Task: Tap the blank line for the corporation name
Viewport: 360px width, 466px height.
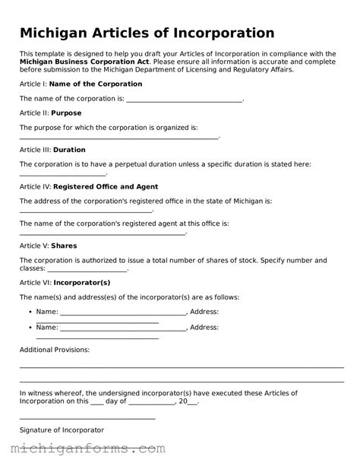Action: pyautogui.click(x=184, y=100)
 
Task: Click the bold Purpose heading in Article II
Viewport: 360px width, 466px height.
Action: pyautogui.click(x=66, y=113)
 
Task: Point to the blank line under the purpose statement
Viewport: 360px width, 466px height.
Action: pyautogui.click(x=118, y=138)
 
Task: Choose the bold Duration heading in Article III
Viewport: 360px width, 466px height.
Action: pyautogui.click(x=69, y=150)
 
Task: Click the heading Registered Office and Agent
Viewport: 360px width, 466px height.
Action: pyautogui.click(x=106, y=186)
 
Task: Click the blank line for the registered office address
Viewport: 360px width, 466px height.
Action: pyautogui.click(x=86, y=210)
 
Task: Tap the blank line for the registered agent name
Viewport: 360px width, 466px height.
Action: pyautogui.click(x=102, y=233)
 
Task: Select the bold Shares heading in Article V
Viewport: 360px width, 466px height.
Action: pyautogui.click(x=64, y=246)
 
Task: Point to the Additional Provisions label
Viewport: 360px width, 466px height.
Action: pyautogui.click(x=54, y=350)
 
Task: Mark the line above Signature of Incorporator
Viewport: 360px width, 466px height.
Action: pyautogui.click(x=87, y=418)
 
